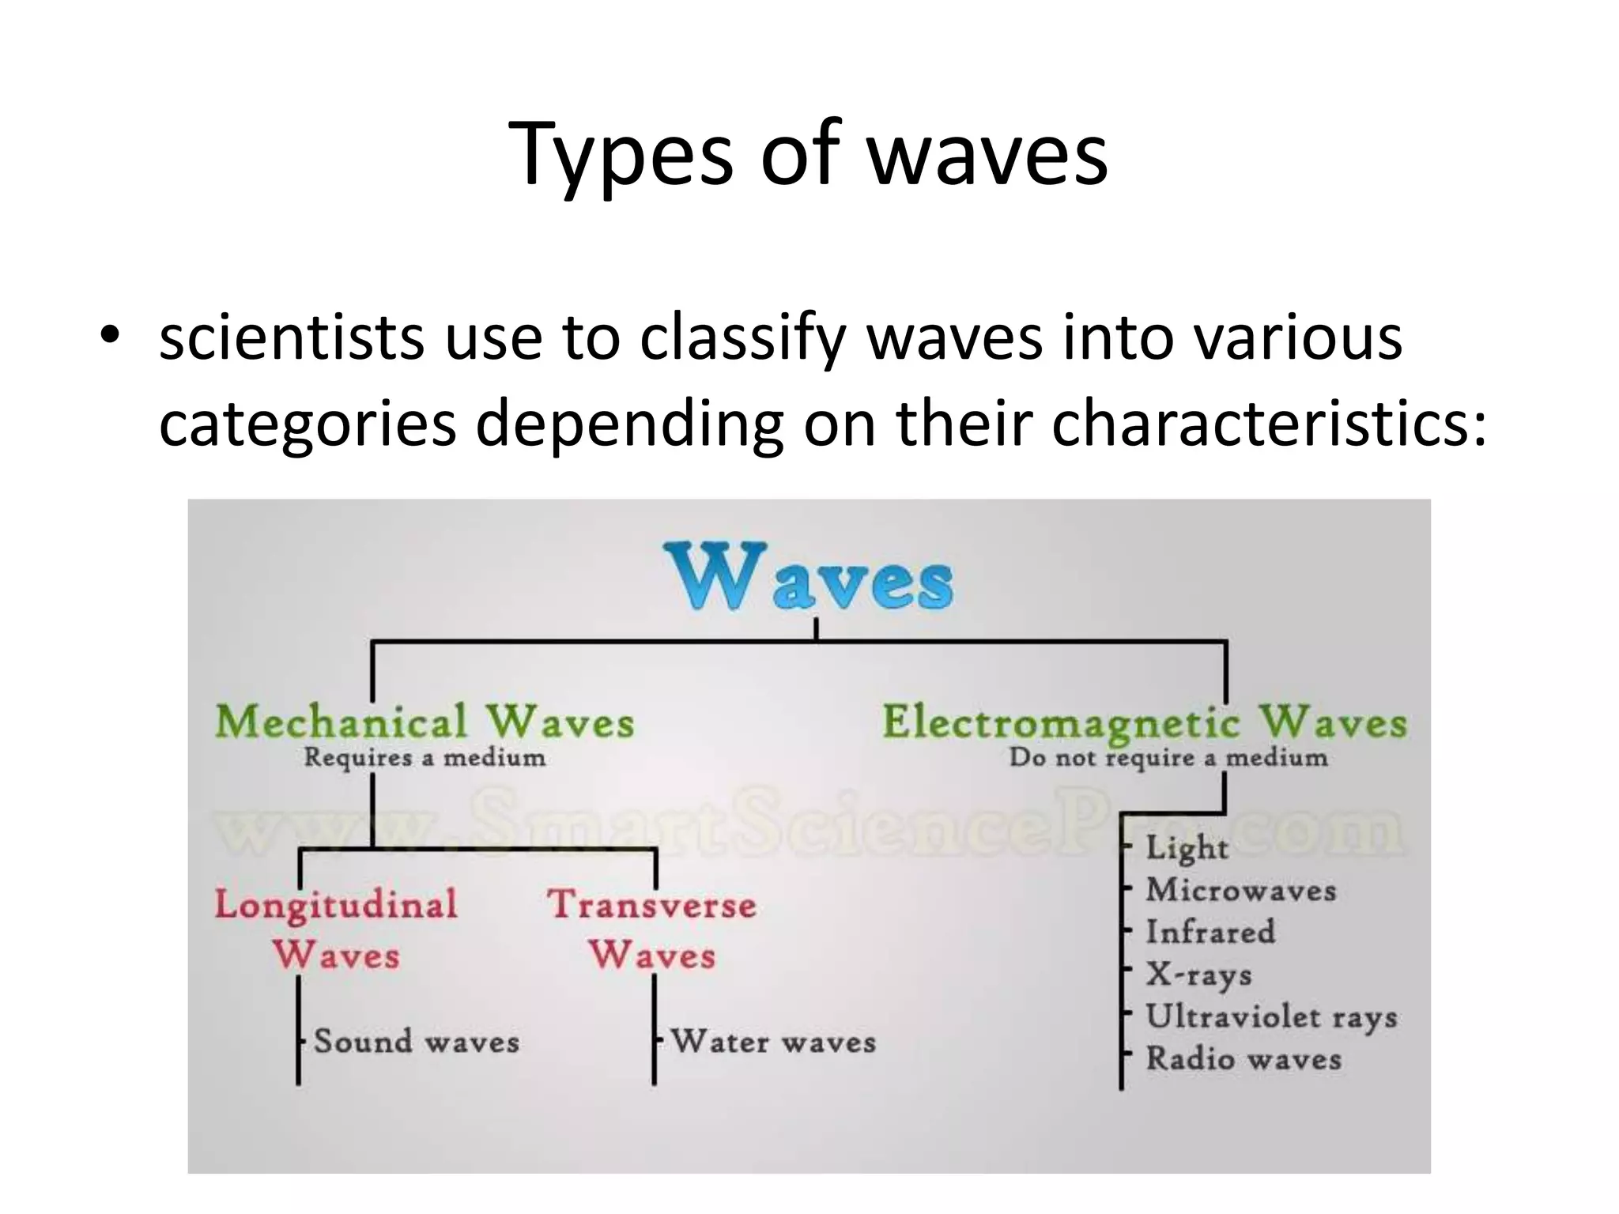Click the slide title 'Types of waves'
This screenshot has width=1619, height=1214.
808,154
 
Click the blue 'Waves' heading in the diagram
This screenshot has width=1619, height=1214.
809,576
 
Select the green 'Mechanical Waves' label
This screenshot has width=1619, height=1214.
425,722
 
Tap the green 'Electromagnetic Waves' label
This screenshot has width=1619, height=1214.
1143,722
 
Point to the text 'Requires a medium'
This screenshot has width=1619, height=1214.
425,758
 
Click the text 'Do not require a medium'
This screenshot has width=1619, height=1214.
1168,758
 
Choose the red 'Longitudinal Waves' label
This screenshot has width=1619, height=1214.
336,929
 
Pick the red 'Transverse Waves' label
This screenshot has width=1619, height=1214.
652,929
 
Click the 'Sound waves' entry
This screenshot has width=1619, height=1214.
416,1042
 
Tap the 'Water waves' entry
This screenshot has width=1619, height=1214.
773,1042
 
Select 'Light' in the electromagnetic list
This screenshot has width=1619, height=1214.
1187,848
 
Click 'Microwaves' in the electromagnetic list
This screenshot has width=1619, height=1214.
1240,891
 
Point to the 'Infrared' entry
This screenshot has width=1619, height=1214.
1210,933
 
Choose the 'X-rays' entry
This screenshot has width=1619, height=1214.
1198,975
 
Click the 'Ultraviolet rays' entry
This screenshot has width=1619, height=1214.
1270,1017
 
